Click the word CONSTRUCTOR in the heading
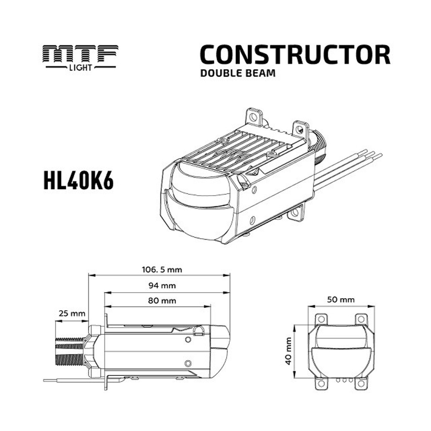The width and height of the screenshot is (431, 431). coord(295,55)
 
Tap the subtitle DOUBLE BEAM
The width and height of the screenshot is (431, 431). coord(237,73)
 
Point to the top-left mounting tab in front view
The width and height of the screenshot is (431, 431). coord(321,319)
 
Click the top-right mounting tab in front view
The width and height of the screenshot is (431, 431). coord(360,319)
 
